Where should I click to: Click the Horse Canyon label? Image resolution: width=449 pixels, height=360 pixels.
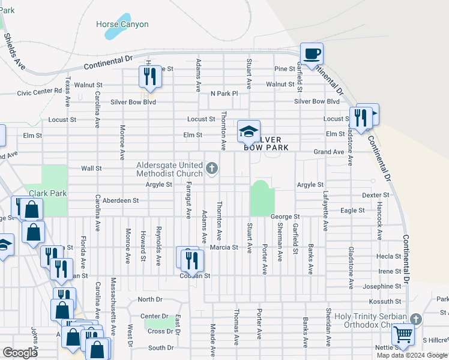tap(122, 25)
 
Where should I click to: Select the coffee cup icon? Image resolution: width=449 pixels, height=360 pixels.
tap(312, 54)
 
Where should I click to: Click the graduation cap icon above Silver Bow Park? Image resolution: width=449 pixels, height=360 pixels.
tap(249, 132)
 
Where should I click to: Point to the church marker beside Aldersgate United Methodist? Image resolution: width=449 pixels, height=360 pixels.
tap(211, 169)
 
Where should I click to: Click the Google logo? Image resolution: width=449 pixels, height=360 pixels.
tap(20, 353)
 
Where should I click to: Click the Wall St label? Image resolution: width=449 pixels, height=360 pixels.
tap(92, 169)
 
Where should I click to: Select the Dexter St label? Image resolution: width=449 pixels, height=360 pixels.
tap(376, 195)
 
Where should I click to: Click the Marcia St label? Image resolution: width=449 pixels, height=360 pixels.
tap(224, 247)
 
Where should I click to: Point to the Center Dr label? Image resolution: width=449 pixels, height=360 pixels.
tap(154, 316)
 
